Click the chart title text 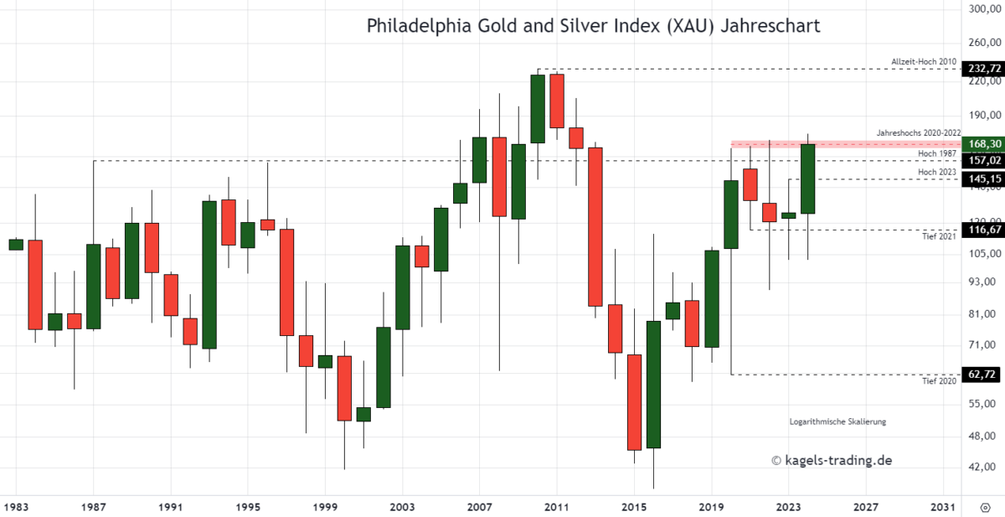point(593,26)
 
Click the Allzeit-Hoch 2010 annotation point(925,61)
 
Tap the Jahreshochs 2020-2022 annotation point(918,133)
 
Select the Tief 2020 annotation point(938,381)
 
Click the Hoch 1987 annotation point(936,153)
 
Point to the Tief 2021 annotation point(938,236)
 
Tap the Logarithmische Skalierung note point(837,421)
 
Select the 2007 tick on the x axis point(479,507)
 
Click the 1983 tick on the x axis point(15,507)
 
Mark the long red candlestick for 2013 point(595,226)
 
